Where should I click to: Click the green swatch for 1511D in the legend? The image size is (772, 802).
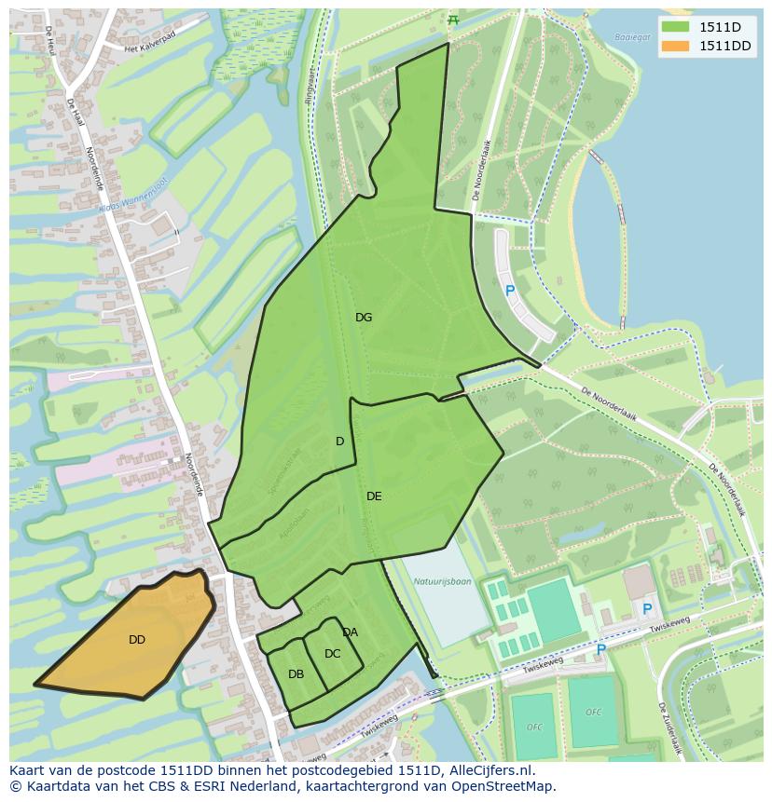[x=678, y=27]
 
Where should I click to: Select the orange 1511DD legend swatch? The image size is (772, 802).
[x=678, y=47]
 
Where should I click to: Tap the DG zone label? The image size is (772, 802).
[x=364, y=318]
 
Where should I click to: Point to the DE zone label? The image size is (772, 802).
[x=374, y=496]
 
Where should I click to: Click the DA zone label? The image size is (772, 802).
[x=350, y=632]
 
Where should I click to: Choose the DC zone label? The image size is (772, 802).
[x=332, y=654]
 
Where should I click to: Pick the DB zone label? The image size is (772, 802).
[x=296, y=674]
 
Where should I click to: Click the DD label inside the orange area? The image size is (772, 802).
[x=137, y=640]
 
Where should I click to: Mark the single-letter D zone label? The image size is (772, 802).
[x=339, y=442]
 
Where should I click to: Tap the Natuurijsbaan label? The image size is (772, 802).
[x=442, y=582]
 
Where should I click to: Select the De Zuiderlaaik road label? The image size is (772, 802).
[x=669, y=727]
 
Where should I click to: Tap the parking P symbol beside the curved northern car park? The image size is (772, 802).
[x=509, y=291]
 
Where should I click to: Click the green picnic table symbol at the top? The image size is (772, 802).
[x=453, y=20]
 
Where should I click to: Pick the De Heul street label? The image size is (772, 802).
[x=48, y=37]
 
